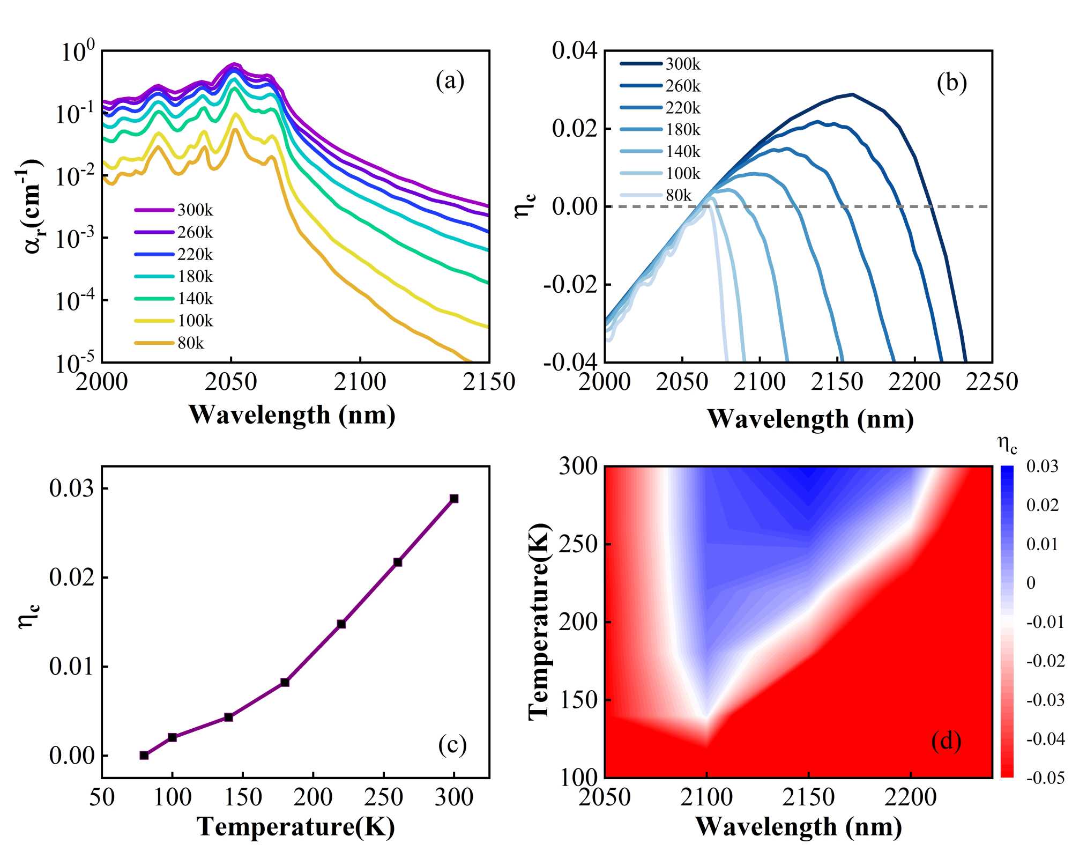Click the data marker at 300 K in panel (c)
pos(454,499)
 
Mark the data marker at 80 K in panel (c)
pos(144,755)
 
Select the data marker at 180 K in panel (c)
pos(285,682)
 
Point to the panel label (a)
pos(450,81)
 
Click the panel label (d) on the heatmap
pos(946,741)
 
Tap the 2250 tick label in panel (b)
pos(991,382)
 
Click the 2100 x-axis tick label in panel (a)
pos(360,382)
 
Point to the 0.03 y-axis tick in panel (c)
pos(71,489)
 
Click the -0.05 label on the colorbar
pos(1045,778)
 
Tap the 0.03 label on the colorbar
pos(1042,467)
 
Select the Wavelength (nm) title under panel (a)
pos(292,415)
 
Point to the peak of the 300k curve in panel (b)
pos(852,94)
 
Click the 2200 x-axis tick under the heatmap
pos(910,797)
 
